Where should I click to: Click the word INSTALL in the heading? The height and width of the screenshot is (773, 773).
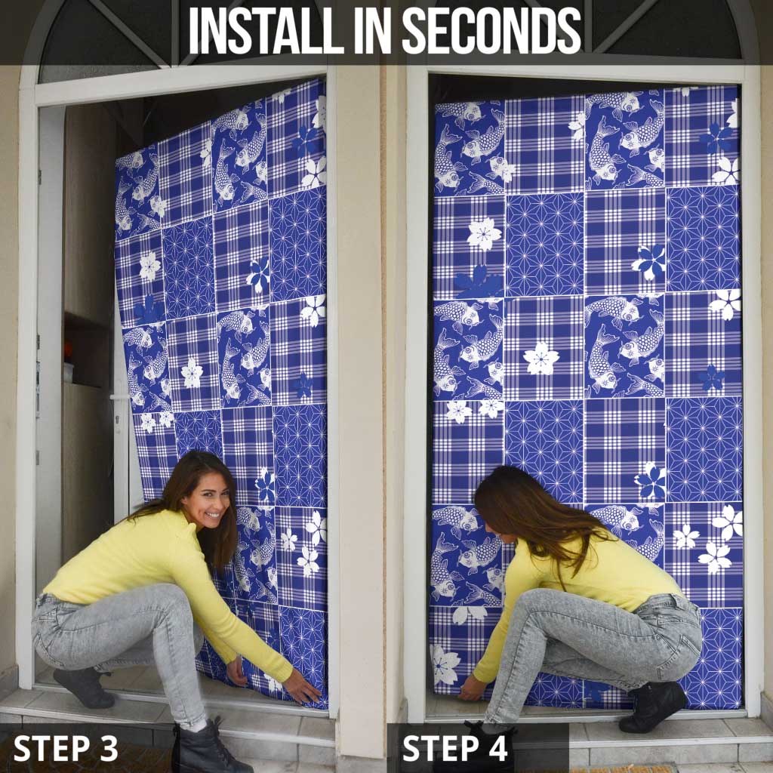click(x=260, y=30)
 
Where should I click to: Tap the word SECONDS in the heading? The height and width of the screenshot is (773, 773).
click(x=491, y=30)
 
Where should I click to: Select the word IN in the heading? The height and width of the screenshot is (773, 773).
click(x=366, y=30)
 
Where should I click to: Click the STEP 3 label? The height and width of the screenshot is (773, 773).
click(x=66, y=748)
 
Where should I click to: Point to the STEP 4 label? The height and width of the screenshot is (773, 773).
click(x=454, y=748)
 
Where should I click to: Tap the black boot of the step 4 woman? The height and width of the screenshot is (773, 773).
click(x=651, y=706)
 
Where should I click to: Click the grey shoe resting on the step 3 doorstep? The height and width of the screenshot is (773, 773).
click(x=84, y=687)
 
